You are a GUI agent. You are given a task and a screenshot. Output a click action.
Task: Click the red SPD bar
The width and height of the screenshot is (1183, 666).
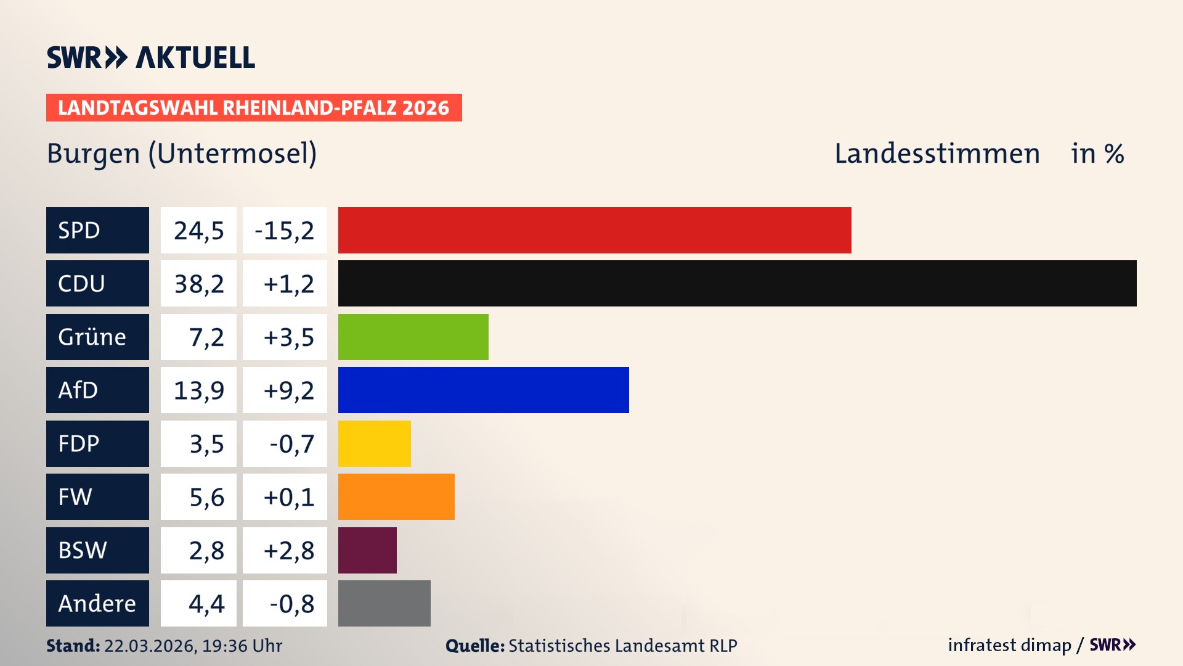[x=595, y=230]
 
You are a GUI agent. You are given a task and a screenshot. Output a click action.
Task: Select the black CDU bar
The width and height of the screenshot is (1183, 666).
[x=737, y=283]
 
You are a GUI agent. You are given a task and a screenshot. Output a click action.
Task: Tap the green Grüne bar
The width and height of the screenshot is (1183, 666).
[x=413, y=337]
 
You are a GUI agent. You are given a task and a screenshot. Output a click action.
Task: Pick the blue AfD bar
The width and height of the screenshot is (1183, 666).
[x=483, y=390]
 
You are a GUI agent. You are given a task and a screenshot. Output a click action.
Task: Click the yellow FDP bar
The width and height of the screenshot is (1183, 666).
[x=374, y=443]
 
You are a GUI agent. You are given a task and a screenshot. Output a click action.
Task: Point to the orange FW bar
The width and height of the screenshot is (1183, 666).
[x=396, y=496]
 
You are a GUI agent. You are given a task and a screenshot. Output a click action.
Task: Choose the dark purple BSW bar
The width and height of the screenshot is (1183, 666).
[x=367, y=550]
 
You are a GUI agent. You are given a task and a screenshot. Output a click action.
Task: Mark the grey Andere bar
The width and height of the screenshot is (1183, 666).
[x=384, y=603]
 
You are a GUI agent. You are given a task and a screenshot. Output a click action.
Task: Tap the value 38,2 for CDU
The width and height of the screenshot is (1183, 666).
[x=198, y=284]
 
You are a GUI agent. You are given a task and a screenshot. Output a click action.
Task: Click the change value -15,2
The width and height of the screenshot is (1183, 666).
[x=285, y=231]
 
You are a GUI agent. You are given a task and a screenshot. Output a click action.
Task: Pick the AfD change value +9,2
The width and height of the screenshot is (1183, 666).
[x=288, y=390]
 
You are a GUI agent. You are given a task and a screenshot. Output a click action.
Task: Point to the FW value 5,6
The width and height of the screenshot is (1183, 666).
[x=206, y=497]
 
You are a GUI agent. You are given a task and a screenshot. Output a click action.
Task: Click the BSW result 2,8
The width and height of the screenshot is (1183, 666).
[x=206, y=550]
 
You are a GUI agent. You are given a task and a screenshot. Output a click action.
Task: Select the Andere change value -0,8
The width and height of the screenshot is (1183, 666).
[x=292, y=604]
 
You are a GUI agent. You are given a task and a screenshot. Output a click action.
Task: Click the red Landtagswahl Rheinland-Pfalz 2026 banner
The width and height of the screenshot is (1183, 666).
[x=254, y=107]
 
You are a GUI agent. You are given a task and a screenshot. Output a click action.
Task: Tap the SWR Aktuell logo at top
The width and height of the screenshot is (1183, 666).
[x=151, y=57]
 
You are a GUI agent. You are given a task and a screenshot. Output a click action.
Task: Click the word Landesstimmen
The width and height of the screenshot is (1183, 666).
[x=937, y=154]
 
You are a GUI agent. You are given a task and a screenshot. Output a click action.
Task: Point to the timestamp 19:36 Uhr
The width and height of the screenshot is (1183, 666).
[x=242, y=646]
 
